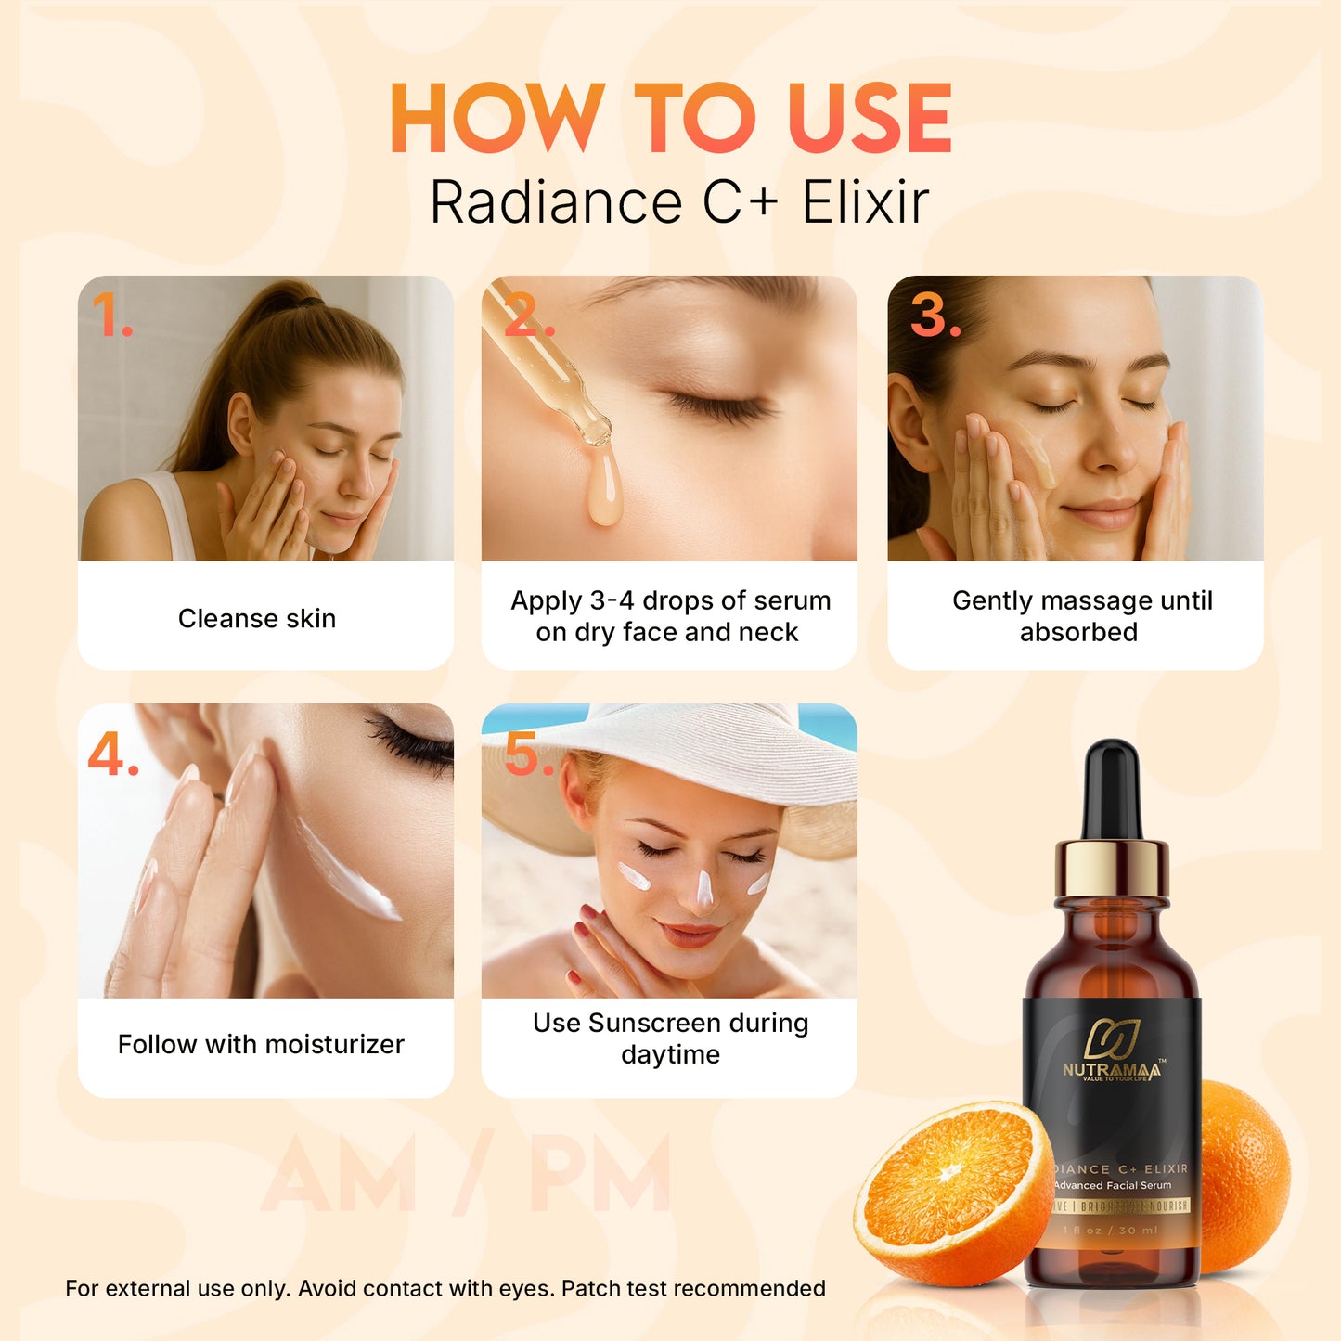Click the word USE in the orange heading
coord(870,119)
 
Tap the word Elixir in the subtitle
coord(865,202)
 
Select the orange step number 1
coord(112,316)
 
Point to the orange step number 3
coord(935,315)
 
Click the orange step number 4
coord(112,754)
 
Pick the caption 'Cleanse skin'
coord(257,618)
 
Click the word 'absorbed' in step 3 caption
coord(1078,632)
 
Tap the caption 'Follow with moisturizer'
coord(261,1044)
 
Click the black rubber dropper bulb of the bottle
coord(1112,789)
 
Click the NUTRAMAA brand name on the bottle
coord(1111,1070)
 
